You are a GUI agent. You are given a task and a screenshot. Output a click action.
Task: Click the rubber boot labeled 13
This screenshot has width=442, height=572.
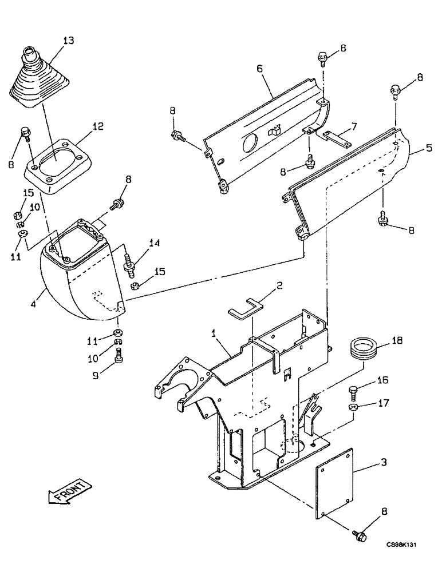point(37,80)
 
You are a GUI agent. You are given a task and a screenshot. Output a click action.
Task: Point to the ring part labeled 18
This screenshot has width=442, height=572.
point(362,349)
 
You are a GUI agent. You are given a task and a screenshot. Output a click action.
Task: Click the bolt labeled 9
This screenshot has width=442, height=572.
point(119,357)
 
